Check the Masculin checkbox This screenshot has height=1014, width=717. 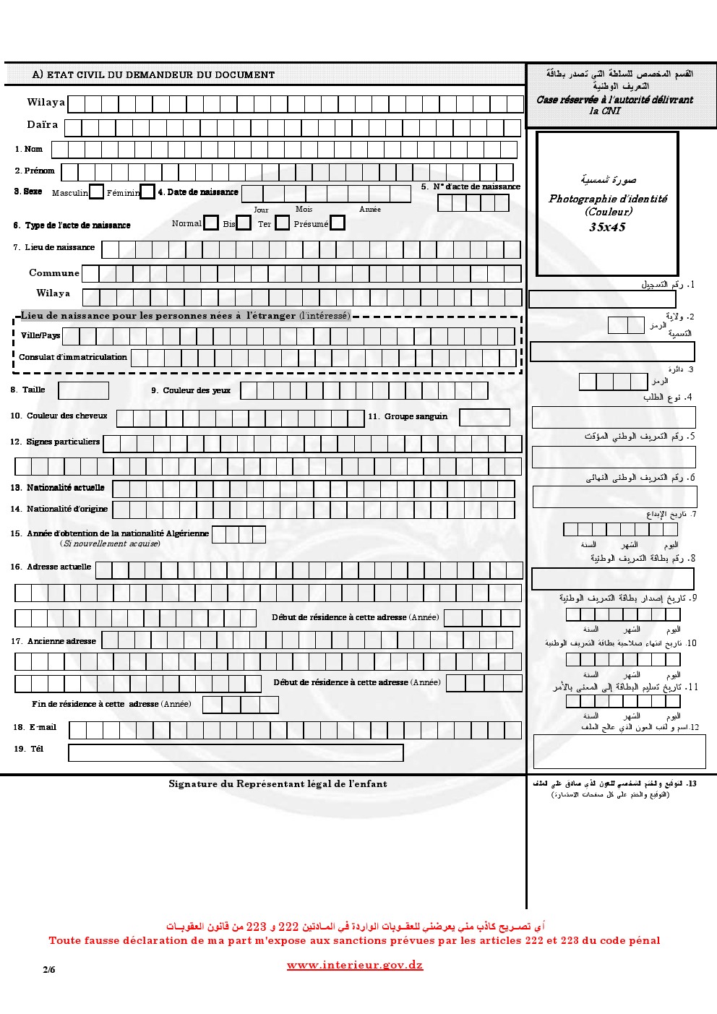click(96, 192)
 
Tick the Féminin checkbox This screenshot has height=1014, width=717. click(147, 192)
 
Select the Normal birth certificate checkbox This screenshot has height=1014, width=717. click(210, 223)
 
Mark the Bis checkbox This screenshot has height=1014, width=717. click(244, 223)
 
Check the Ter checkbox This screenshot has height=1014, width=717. click(282, 223)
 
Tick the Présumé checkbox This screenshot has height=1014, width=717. click(337, 223)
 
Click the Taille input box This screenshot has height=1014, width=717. click(83, 391)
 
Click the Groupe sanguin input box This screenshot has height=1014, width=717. click(484, 417)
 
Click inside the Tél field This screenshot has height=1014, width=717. click(236, 752)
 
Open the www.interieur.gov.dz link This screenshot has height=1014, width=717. click(354, 965)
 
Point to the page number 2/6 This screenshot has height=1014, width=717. click(49, 970)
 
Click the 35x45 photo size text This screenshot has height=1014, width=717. click(607, 227)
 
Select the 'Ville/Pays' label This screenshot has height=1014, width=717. click(40, 335)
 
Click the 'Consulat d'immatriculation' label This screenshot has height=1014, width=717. click(73, 357)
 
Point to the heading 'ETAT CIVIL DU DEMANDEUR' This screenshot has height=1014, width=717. click(153, 74)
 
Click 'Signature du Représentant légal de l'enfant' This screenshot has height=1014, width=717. click(278, 783)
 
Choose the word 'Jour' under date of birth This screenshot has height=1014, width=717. click(261, 210)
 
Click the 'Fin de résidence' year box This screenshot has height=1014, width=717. click(240, 705)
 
